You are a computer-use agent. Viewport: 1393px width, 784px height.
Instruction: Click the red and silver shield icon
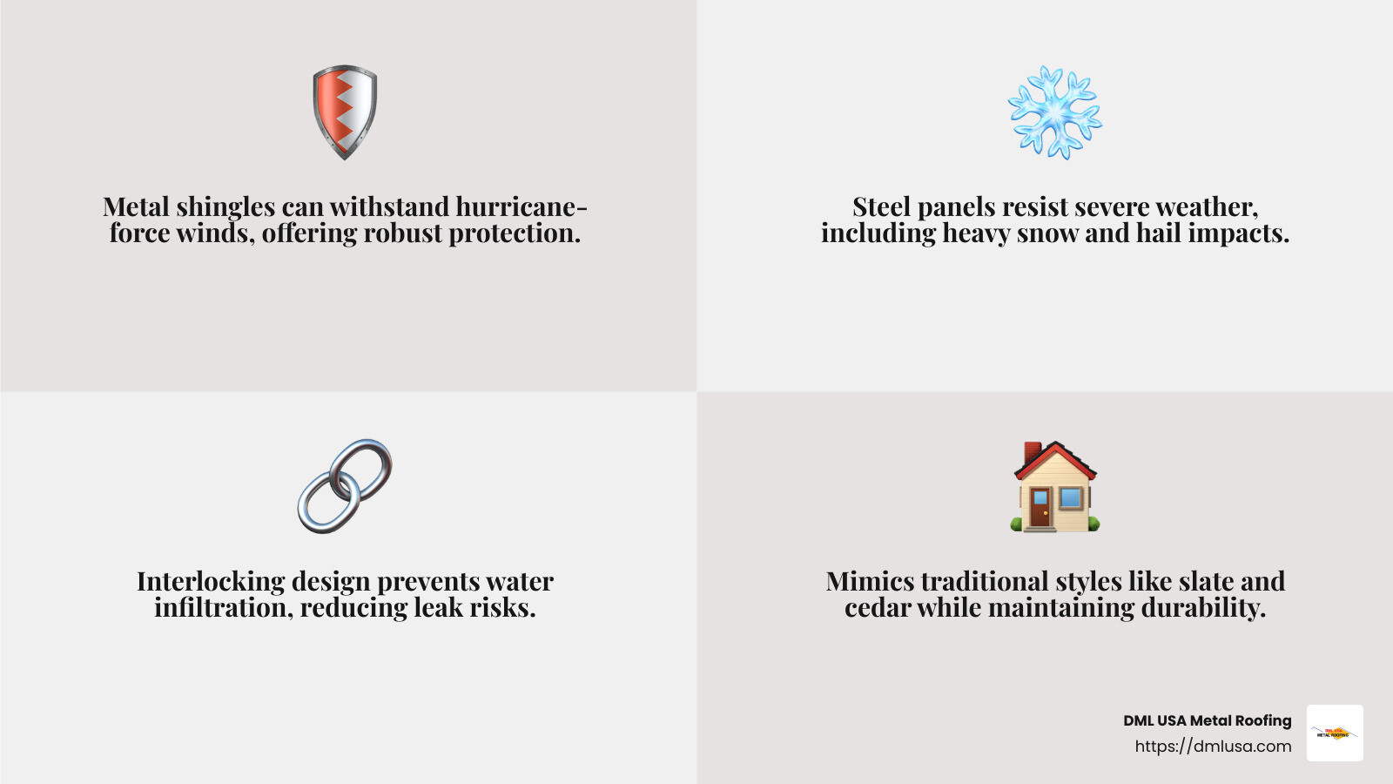coord(345,112)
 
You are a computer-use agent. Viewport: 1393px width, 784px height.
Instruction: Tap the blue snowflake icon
coord(1054,112)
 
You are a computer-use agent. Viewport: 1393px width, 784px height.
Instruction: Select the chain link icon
coord(345,486)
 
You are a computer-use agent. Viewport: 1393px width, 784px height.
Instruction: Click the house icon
coord(1055,486)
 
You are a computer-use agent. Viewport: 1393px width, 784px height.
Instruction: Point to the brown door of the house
coord(1040,508)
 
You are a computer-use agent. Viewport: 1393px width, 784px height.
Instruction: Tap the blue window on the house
coord(1071,498)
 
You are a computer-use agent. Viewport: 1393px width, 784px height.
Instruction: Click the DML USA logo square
coord(1335,733)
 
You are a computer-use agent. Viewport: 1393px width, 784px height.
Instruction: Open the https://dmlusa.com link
coord(1213,747)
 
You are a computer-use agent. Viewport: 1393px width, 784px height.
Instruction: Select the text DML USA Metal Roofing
coord(1207,720)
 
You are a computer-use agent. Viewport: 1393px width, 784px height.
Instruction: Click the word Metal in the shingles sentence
coord(136,207)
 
